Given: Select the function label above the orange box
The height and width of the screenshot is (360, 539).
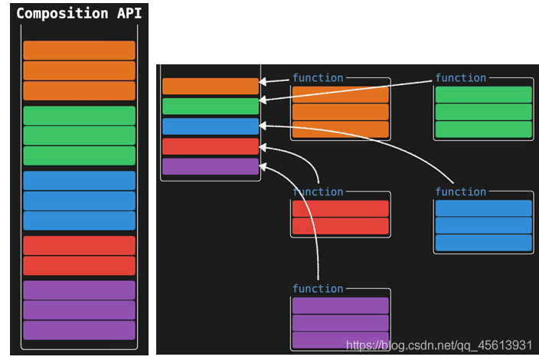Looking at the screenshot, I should (318, 77).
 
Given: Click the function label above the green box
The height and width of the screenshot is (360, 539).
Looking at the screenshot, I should (460, 77).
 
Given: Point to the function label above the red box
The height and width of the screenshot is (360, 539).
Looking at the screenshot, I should (318, 191).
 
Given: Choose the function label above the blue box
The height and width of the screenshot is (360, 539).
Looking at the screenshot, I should (460, 191).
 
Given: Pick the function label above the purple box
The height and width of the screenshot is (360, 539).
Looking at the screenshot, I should (318, 289).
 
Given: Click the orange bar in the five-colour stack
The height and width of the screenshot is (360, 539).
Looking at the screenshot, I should (211, 87).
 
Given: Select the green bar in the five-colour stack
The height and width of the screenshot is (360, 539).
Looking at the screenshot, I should (211, 106).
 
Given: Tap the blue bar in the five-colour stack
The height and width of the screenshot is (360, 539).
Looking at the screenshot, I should (211, 126).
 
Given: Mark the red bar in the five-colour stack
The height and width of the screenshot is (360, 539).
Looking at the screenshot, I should (211, 146).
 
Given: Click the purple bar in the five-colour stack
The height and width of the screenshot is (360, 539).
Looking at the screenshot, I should (211, 166).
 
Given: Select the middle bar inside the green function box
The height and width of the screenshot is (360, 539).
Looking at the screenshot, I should (483, 112).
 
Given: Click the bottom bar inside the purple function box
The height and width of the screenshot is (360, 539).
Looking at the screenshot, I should (340, 339).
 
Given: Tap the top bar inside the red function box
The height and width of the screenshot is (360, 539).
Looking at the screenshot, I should (340, 208).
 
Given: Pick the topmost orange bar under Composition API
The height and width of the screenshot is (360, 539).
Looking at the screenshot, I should (79, 51).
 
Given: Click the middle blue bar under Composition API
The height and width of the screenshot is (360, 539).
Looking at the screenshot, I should (79, 201).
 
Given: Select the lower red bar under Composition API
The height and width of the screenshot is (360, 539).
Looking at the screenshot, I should (79, 266).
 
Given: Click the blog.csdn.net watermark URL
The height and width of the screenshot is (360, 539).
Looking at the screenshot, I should (439, 345).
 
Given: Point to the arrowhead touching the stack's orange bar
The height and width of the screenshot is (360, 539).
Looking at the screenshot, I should (263, 81).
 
